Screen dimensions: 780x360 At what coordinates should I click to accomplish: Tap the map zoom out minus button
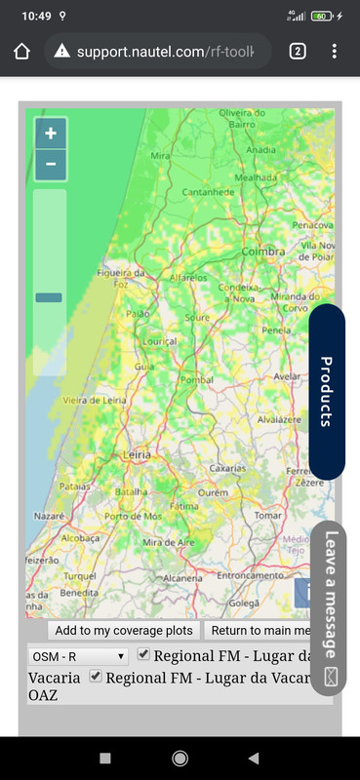tap(51, 164)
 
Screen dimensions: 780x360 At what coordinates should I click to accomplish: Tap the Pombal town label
tap(197, 378)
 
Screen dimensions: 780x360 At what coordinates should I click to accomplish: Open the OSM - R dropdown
tap(78, 656)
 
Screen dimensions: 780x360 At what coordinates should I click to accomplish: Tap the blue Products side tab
tap(327, 392)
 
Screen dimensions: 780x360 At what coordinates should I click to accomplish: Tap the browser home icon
tap(22, 51)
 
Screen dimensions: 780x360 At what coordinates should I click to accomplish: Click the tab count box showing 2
tap(298, 51)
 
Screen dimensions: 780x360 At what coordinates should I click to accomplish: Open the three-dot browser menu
tap(335, 51)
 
